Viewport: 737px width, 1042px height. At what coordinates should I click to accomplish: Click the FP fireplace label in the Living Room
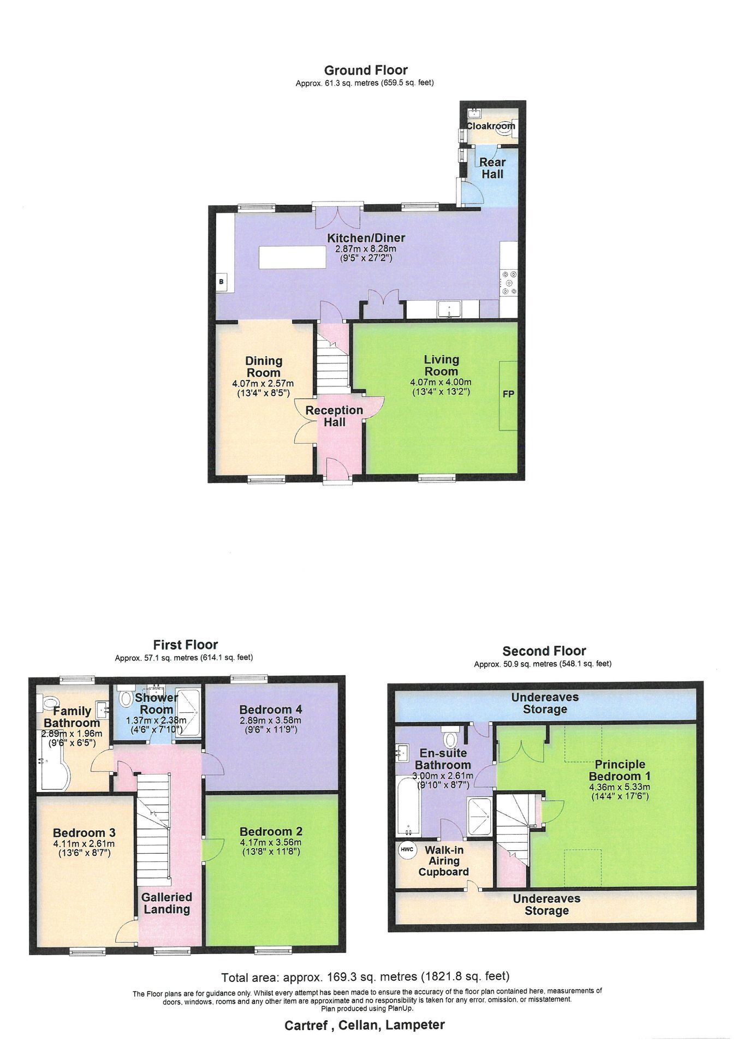(508, 394)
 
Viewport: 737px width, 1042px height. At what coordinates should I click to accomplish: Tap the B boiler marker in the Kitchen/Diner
(222, 282)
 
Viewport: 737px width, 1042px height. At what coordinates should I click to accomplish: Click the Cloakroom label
(490, 126)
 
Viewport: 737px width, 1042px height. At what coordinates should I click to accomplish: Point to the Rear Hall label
(492, 168)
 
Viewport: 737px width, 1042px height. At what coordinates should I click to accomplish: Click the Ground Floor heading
(366, 70)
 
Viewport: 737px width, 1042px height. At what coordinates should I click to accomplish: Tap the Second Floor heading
(544, 651)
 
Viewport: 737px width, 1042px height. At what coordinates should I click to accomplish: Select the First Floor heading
(186, 645)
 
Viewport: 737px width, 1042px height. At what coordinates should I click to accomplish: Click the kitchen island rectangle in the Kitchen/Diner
(293, 257)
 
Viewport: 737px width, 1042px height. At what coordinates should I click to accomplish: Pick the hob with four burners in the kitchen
(509, 283)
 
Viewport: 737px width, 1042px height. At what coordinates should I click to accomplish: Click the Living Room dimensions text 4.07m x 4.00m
(441, 382)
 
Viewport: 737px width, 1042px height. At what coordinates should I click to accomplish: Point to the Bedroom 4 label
(271, 710)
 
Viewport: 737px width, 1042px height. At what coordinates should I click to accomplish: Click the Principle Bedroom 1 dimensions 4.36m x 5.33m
(620, 787)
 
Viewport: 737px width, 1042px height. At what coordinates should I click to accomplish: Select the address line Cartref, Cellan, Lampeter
(365, 1025)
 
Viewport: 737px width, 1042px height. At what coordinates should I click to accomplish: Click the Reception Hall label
(334, 416)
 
